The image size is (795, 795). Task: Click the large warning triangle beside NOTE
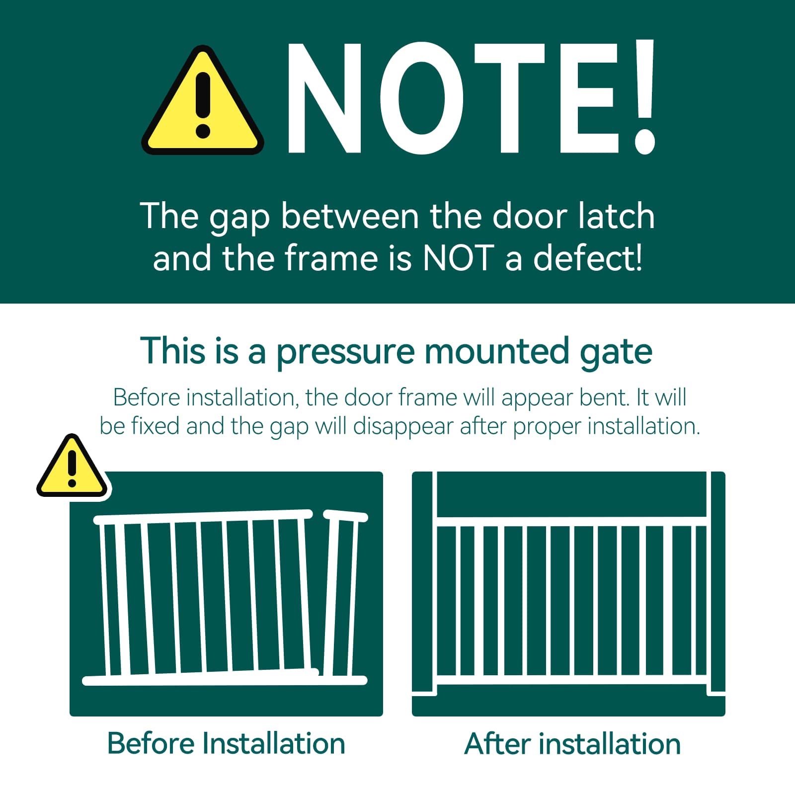click(x=202, y=102)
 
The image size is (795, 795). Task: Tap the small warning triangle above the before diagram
click(x=73, y=467)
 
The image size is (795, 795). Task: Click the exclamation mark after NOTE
click(x=643, y=97)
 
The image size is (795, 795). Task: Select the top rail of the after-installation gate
click(x=571, y=521)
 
